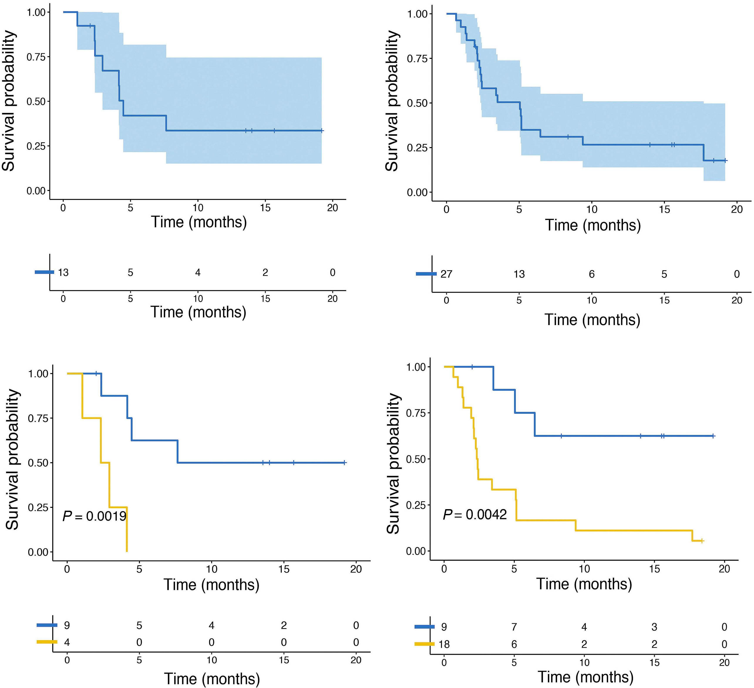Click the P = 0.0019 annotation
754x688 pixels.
[94, 516]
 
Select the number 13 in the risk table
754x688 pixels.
[63, 273]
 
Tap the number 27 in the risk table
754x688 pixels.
[446, 274]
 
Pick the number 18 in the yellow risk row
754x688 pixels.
[444, 644]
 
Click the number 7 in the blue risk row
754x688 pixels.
[514, 627]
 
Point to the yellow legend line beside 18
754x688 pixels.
[425, 644]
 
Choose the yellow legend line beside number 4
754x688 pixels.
[47, 642]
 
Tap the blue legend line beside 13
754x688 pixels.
[44, 272]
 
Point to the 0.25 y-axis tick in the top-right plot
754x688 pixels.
[417, 148]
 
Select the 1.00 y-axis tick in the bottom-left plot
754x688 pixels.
[38, 374]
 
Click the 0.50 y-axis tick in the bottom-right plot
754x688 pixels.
[416, 459]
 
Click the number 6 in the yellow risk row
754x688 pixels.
[514, 644]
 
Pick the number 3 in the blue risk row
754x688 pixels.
[654, 627]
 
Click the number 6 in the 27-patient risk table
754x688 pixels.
[591, 274]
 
